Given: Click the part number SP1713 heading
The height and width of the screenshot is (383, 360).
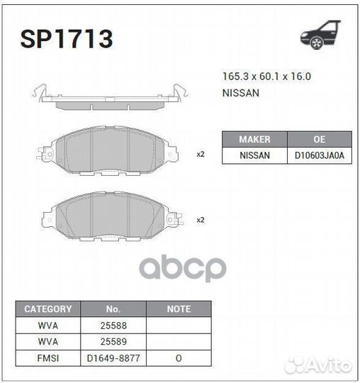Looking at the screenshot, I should click(67, 39).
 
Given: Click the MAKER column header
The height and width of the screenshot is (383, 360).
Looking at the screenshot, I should click(254, 139).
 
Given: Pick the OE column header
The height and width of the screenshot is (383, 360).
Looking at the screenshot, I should click(319, 139).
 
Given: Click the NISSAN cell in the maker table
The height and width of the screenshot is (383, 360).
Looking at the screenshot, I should click(254, 155).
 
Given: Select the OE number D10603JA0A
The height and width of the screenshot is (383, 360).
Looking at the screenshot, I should click(319, 155).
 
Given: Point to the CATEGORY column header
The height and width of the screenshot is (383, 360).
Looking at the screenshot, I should click(48, 309).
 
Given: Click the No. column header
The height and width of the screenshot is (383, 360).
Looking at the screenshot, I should click(113, 309).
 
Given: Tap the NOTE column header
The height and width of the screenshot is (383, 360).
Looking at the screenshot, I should click(179, 309).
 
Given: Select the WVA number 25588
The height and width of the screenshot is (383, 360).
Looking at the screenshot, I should click(113, 326).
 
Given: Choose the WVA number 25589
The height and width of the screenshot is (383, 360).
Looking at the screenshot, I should click(113, 342).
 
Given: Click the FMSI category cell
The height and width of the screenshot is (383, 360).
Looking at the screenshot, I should click(48, 358).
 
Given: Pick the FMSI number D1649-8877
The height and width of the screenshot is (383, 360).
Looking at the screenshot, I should click(113, 358).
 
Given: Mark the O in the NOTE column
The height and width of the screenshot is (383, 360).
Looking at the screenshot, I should click(179, 358).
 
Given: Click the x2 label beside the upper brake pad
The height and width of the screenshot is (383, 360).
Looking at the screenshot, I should click(201, 154).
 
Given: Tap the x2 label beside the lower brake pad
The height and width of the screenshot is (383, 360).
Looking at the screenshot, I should click(201, 220).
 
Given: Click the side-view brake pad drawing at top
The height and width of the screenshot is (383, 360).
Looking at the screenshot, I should click(110, 99).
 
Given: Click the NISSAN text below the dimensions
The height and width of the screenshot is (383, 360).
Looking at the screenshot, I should click(241, 93).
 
